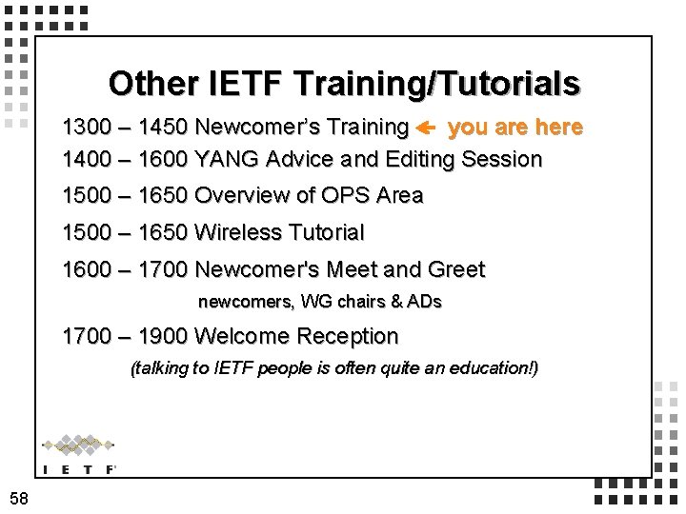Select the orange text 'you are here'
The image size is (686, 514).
[x=514, y=128]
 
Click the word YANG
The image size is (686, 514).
[x=227, y=159]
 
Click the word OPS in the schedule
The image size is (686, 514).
[x=346, y=196]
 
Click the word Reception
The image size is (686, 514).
[x=348, y=336]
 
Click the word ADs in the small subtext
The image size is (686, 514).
[x=424, y=302]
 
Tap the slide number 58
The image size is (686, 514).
[x=18, y=498]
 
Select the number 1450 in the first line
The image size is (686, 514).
[x=163, y=128]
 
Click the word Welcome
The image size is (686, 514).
[x=242, y=336]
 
